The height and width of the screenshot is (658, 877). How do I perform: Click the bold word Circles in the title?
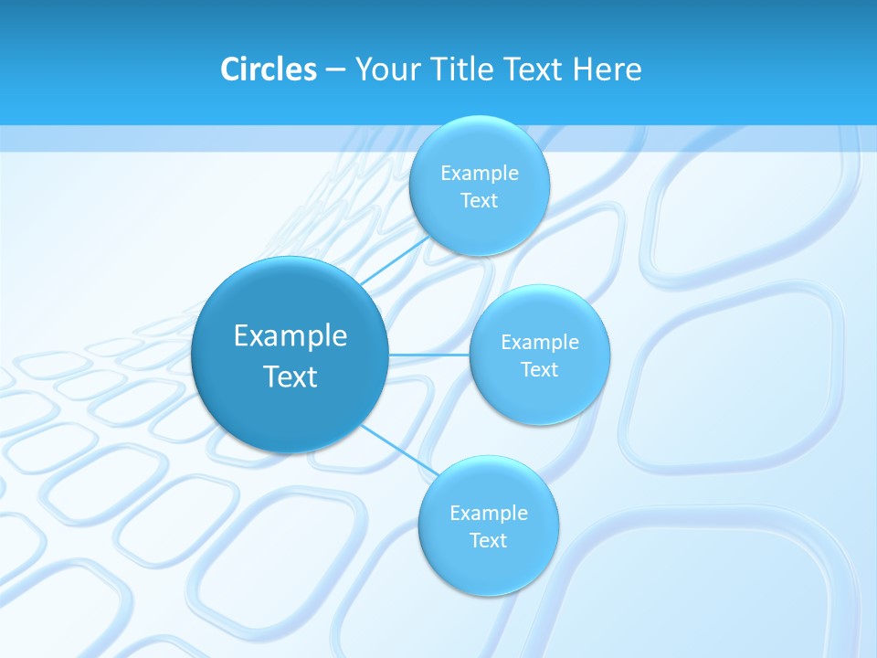pyautogui.click(x=268, y=69)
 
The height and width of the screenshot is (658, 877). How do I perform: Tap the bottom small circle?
pyautogui.click(x=488, y=571)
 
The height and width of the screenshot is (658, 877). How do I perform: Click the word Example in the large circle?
pyautogui.click(x=291, y=336)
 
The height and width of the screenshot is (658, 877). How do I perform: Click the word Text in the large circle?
pyautogui.click(x=291, y=377)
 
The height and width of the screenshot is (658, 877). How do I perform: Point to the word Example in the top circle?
pyautogui.click(x=480, y=173)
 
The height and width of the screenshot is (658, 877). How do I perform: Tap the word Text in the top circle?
pyautogui.click(x=480, y=200)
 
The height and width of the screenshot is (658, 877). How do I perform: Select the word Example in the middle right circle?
pyautogui.click(x=540, y=342)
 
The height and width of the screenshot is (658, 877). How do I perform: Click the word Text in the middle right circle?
pyautogui.click(x=540, y=369)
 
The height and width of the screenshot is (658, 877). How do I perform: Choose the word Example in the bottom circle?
pyautogui.click(x=489, y=513)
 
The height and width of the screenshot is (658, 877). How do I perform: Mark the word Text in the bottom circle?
pyautogui.click(x=489, y=540)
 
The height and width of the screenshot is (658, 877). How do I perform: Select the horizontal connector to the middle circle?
pyautogui.click(x=428, y=354)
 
